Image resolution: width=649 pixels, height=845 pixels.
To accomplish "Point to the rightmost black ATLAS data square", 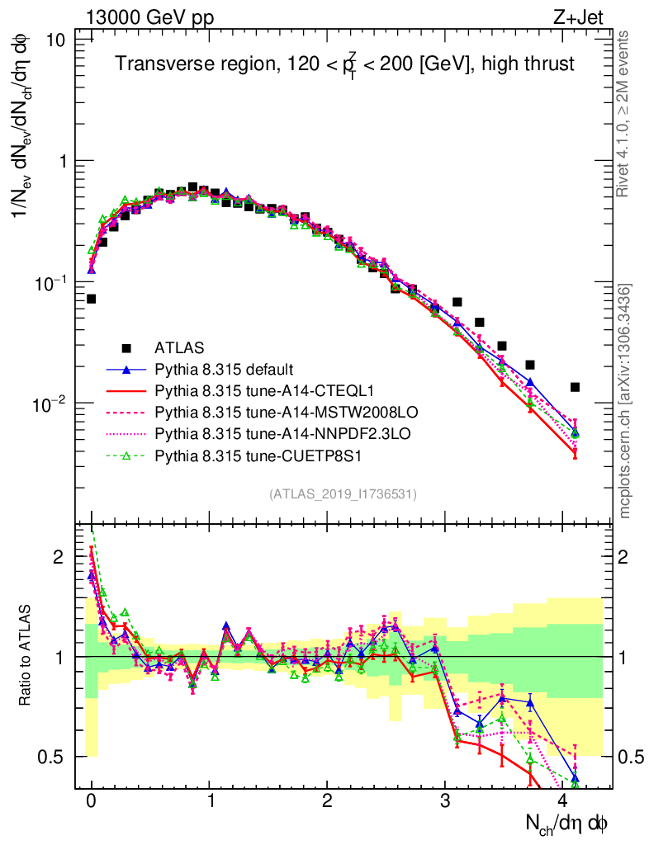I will [575, 387].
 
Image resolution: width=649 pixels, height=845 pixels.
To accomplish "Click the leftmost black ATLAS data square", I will [91, 299].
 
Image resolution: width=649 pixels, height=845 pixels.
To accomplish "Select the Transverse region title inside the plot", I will [344, 64].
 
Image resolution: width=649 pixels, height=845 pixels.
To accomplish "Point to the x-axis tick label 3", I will [445, 802].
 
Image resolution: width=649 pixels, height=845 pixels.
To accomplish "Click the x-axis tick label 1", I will [209, 802].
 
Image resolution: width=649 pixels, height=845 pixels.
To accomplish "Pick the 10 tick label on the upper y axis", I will [54, 40].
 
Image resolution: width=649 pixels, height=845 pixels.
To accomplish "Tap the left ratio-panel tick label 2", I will [59, 557].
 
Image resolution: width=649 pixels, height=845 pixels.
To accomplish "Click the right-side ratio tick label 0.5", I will [632, 757].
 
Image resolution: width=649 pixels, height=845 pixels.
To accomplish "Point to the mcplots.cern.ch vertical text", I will [626, 401].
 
